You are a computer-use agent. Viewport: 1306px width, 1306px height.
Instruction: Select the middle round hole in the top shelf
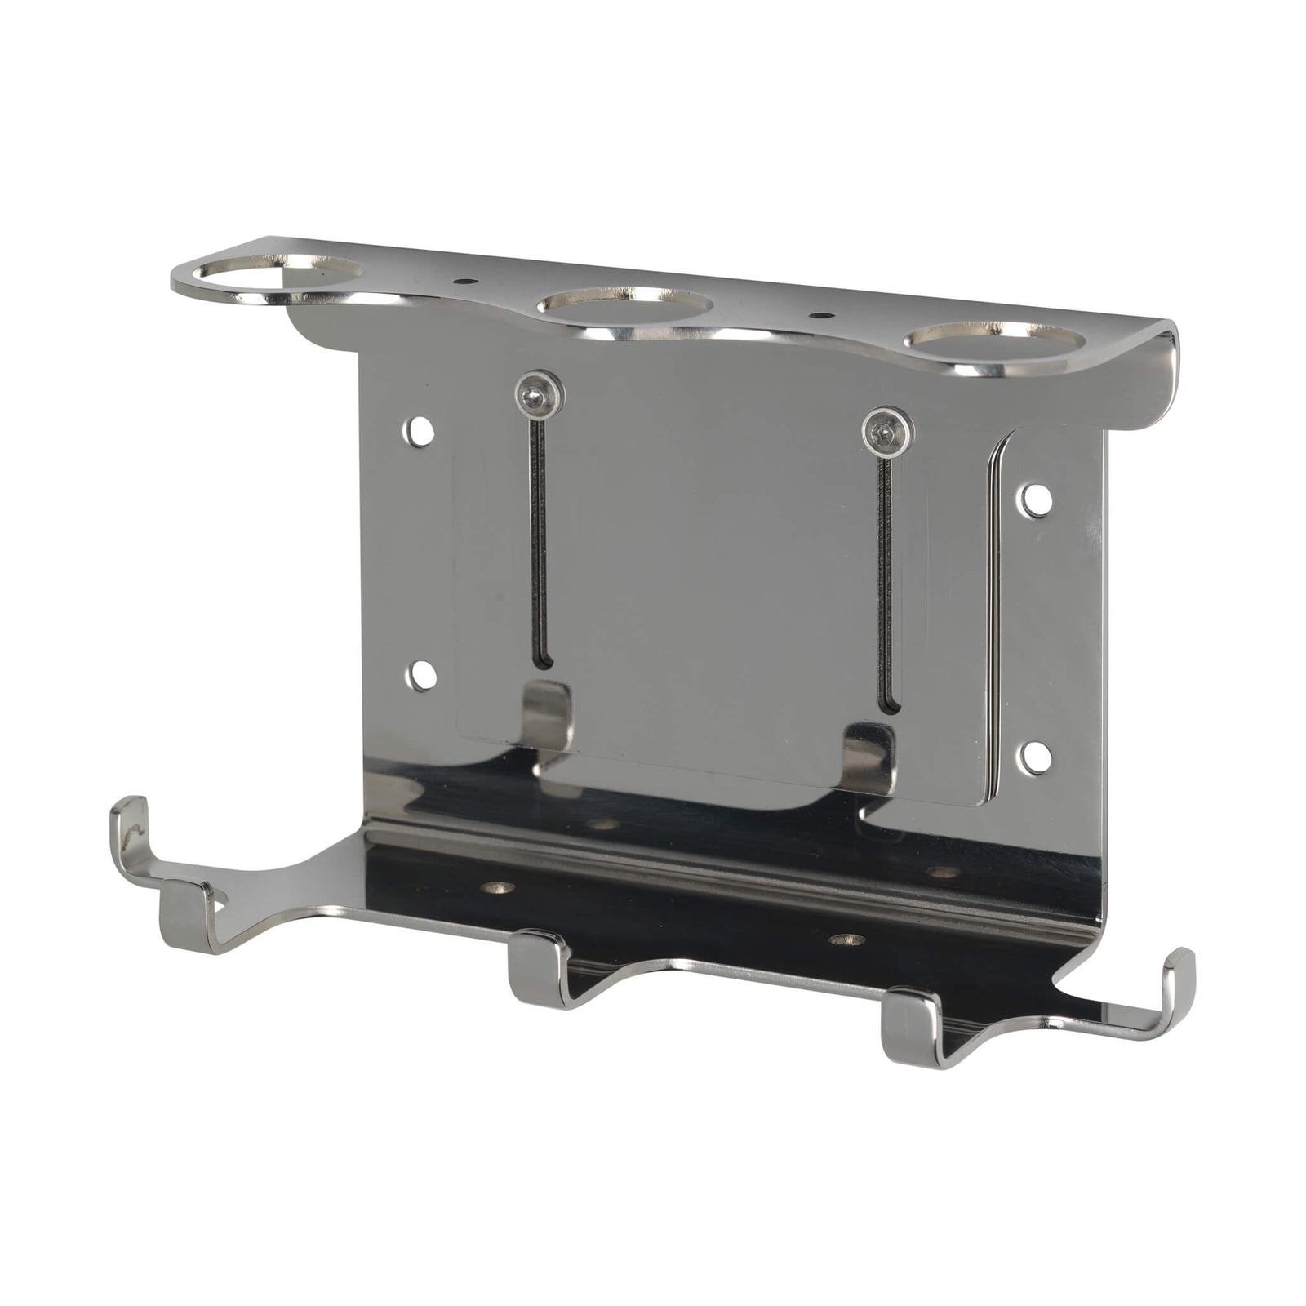(624, 307)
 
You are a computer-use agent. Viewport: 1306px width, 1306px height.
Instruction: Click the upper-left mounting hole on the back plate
(421, 431)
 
